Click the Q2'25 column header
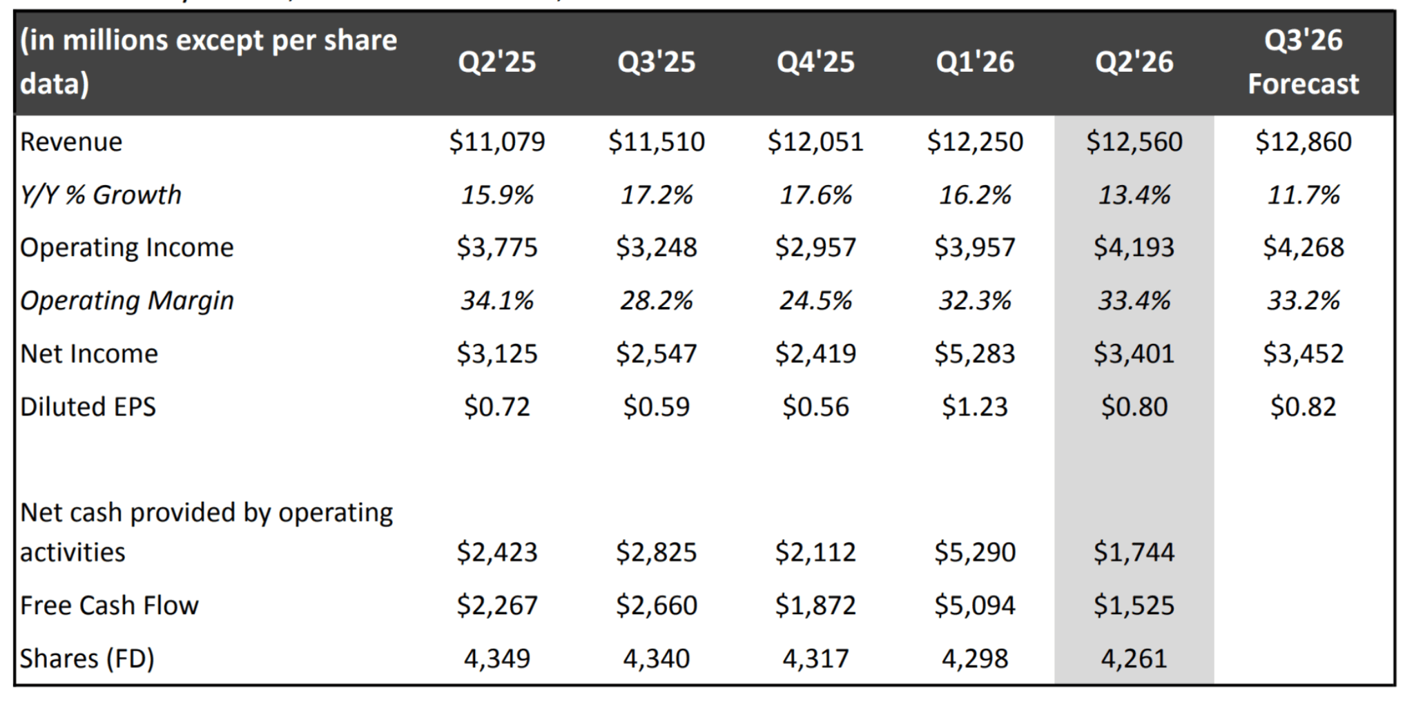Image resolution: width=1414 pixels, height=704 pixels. (497, 62)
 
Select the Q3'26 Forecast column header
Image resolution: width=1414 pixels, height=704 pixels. (1304, 62)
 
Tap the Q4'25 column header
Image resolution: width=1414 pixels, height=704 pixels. (815, 62)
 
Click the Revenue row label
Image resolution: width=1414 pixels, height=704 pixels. (71, 141)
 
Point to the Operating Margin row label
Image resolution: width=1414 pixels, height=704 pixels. (127, 301)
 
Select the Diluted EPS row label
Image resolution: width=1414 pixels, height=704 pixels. (88, 407)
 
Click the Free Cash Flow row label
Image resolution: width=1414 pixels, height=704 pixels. (109, 605)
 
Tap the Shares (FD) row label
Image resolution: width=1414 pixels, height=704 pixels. (87, 658)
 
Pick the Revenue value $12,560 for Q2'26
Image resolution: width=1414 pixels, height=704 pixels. (1134, 141)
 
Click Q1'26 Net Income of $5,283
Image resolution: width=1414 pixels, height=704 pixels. (975, 353)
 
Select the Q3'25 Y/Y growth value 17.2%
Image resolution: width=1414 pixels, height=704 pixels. (657, 195)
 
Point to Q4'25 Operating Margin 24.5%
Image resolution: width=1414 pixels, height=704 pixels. (815, 301)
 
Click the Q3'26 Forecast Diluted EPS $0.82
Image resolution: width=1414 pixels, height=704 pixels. (1304, 407)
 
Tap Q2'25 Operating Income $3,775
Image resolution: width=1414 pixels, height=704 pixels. (497, 248)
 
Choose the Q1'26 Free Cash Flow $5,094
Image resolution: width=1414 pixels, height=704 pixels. (975, 605)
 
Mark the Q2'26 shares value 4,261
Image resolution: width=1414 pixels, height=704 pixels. (1134, 658)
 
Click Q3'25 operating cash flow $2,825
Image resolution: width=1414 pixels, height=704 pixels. (657, 552)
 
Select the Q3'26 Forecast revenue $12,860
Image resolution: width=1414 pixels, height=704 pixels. (1304, 141)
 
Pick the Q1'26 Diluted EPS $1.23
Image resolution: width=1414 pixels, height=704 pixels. (975, 407)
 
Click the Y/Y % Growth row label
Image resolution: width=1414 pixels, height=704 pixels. (101, 195)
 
